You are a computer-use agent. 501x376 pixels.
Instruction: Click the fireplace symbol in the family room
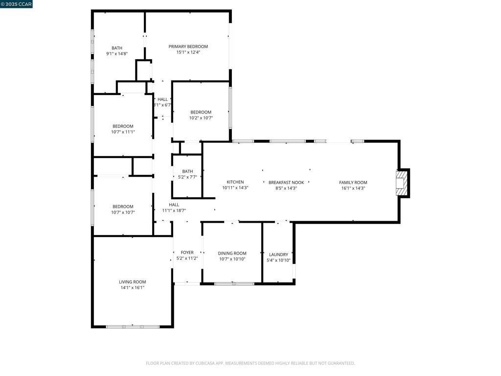(401, 183)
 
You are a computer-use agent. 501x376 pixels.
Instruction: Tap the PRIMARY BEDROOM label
(188, 47)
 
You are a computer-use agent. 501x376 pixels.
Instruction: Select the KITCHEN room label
(235, 182)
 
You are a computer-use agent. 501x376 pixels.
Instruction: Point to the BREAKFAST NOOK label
(286, 182)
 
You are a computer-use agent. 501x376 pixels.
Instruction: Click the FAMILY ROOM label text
(353, 182)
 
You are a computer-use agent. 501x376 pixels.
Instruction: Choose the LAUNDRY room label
(278, 255)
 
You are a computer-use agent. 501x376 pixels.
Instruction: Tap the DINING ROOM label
(232, 253)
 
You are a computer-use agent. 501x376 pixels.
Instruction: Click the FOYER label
(187, 253)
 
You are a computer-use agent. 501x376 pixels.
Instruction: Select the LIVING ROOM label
(133, 282)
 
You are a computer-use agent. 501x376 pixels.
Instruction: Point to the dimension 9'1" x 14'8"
(117, 54)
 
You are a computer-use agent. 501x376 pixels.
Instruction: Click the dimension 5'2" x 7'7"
(187, 177)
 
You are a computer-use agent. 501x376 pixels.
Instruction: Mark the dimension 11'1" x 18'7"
(174, 211)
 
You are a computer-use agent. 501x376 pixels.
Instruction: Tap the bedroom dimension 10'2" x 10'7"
(201, 118)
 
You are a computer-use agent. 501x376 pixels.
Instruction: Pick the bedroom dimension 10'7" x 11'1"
(123, 132)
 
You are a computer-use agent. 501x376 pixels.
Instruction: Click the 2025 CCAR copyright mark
(16, 4)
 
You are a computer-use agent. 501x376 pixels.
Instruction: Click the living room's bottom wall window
(133, 326)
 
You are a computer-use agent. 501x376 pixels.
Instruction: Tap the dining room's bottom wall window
(234, 283)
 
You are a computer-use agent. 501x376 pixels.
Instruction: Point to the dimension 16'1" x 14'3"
(353, 188)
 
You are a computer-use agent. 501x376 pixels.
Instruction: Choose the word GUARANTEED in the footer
(340, 363)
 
